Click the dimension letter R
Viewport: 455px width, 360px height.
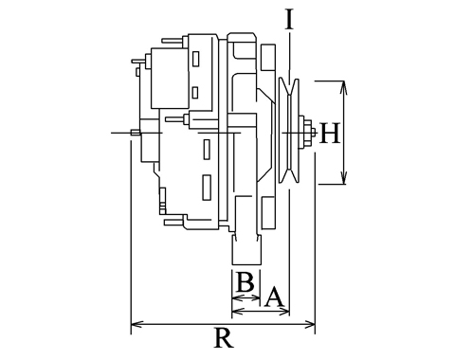(x=224, y=337)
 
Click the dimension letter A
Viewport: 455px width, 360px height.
(x=274, y=297)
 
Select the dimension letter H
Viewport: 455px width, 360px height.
(x=330, y=133)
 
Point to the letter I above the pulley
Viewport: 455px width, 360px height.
(x=289, y=19)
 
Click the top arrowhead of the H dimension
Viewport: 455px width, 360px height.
(x=343, y=87)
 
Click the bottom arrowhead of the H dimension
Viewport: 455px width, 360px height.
(x=344, y=178)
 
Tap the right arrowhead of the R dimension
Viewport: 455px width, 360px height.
(x=309, y=324)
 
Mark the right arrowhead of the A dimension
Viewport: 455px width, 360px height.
(x=284, y=312)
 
